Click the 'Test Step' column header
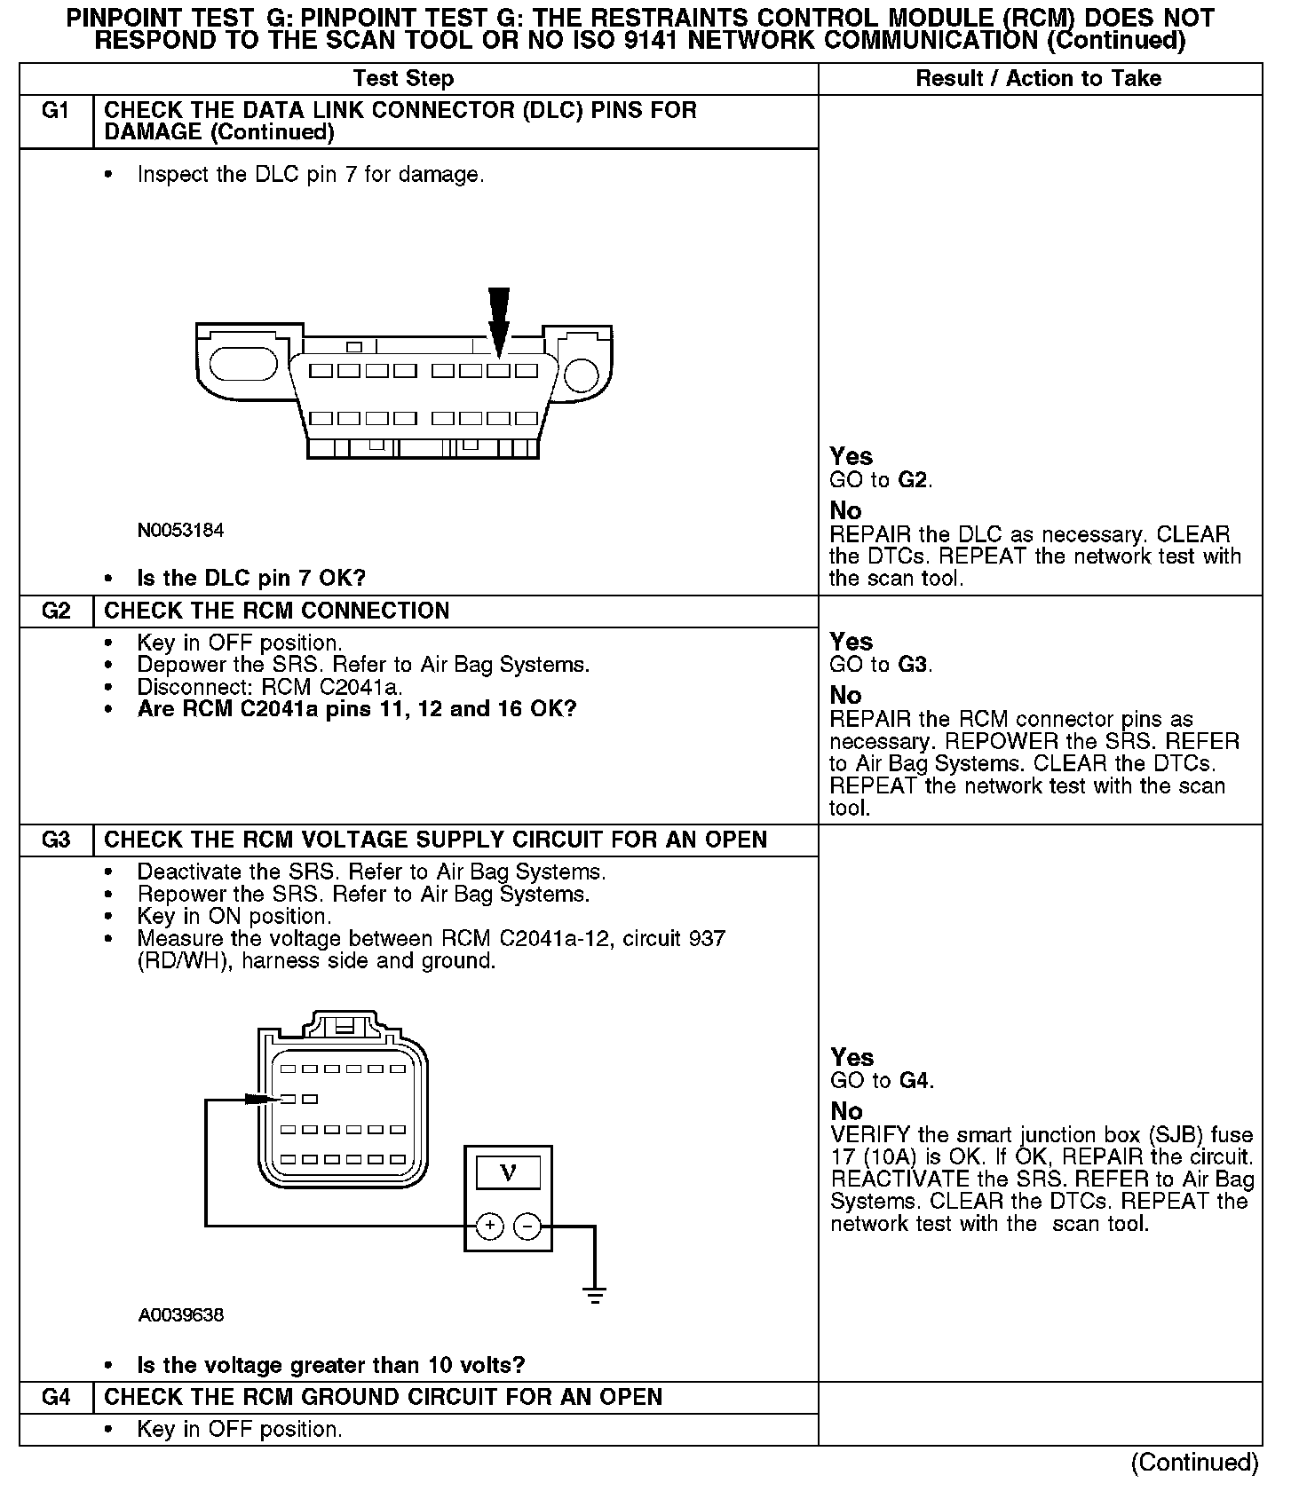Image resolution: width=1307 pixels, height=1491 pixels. coord(403,78)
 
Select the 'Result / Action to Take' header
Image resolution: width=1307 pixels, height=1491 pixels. coord(1038,78)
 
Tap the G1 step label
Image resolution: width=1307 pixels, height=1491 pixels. coord(56,111)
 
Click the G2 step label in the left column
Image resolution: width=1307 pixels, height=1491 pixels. coord(56,611)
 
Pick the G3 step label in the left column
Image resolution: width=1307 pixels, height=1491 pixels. coord(56,840)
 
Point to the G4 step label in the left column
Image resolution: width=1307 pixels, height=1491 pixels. coord(56,1397)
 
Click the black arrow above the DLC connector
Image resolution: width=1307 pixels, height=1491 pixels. coord(499,321)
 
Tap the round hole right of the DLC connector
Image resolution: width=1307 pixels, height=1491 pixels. coord(582,375)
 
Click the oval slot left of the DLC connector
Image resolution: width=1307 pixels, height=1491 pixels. coord(244,364)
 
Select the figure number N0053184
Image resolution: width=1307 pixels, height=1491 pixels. coord(180,531)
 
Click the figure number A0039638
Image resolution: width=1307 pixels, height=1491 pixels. coord(180,1315)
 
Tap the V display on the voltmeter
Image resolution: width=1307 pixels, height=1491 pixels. coord(508,1173)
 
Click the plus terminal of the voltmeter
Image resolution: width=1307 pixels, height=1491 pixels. coord(490,1227)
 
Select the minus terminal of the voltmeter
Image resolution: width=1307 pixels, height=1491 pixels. coord(527,1227)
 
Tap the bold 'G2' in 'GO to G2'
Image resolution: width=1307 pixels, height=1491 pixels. coord(913,480)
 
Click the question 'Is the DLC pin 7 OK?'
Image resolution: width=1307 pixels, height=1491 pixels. coord(251,578)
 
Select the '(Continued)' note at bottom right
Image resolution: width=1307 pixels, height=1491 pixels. coord(1194,1462)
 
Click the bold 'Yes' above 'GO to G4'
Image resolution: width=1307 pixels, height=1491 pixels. coord(852,1057)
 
